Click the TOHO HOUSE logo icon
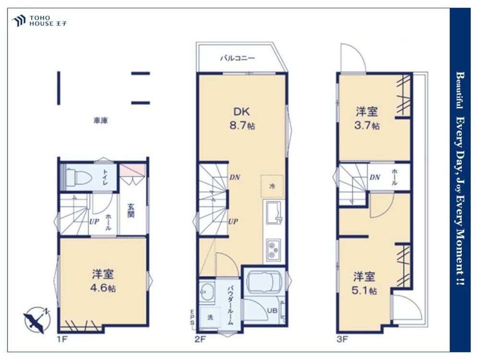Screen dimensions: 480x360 tap(19, 21)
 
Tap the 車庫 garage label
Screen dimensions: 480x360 tap(101, 120)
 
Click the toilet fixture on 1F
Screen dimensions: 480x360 tap(79, 178)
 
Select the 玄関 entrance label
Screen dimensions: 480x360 tap(131, 210)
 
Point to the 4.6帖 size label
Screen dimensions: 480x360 tap(103, 288)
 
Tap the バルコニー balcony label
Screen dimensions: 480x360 tap(238, 58)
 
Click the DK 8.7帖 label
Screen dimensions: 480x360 tap(242, 118)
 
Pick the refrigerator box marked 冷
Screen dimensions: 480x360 tap(272, 186)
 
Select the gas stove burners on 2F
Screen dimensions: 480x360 tap(274, 250)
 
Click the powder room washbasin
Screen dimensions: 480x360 tap(206, 291)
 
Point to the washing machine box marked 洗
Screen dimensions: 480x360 tap(210, 317)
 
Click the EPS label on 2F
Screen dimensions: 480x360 tap(192, 317)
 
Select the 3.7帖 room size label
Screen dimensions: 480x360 tap(367, 125)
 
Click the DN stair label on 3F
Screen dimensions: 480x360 tap(375, 177)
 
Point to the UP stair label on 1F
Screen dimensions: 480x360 tap(94, 221)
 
